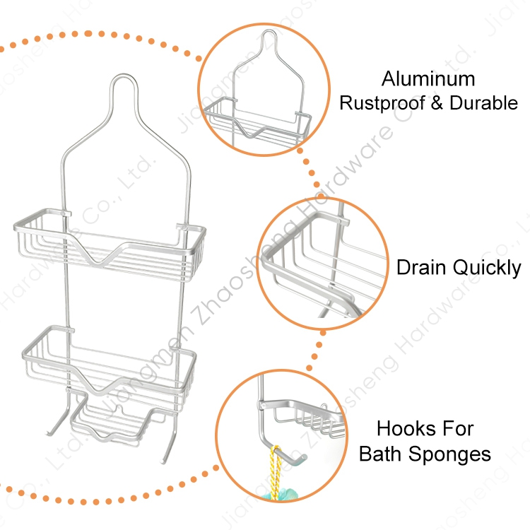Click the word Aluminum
click(x=428, y=78)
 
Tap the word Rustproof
click(x=380, y=103)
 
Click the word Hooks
click(x=404, y=428)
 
